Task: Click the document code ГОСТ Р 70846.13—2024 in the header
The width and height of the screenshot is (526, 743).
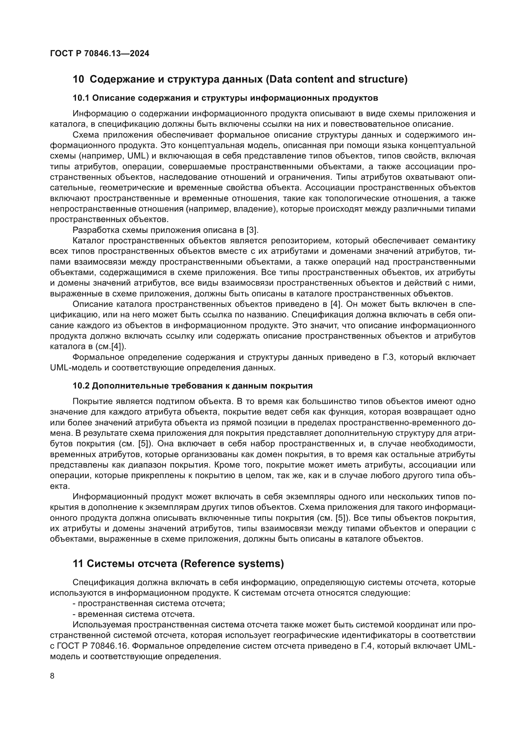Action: point(100,54)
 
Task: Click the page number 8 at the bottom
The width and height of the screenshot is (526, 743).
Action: point(52,676)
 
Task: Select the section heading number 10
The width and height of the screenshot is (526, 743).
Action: point(78,79)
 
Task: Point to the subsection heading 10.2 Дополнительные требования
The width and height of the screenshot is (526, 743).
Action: point(192,386)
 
